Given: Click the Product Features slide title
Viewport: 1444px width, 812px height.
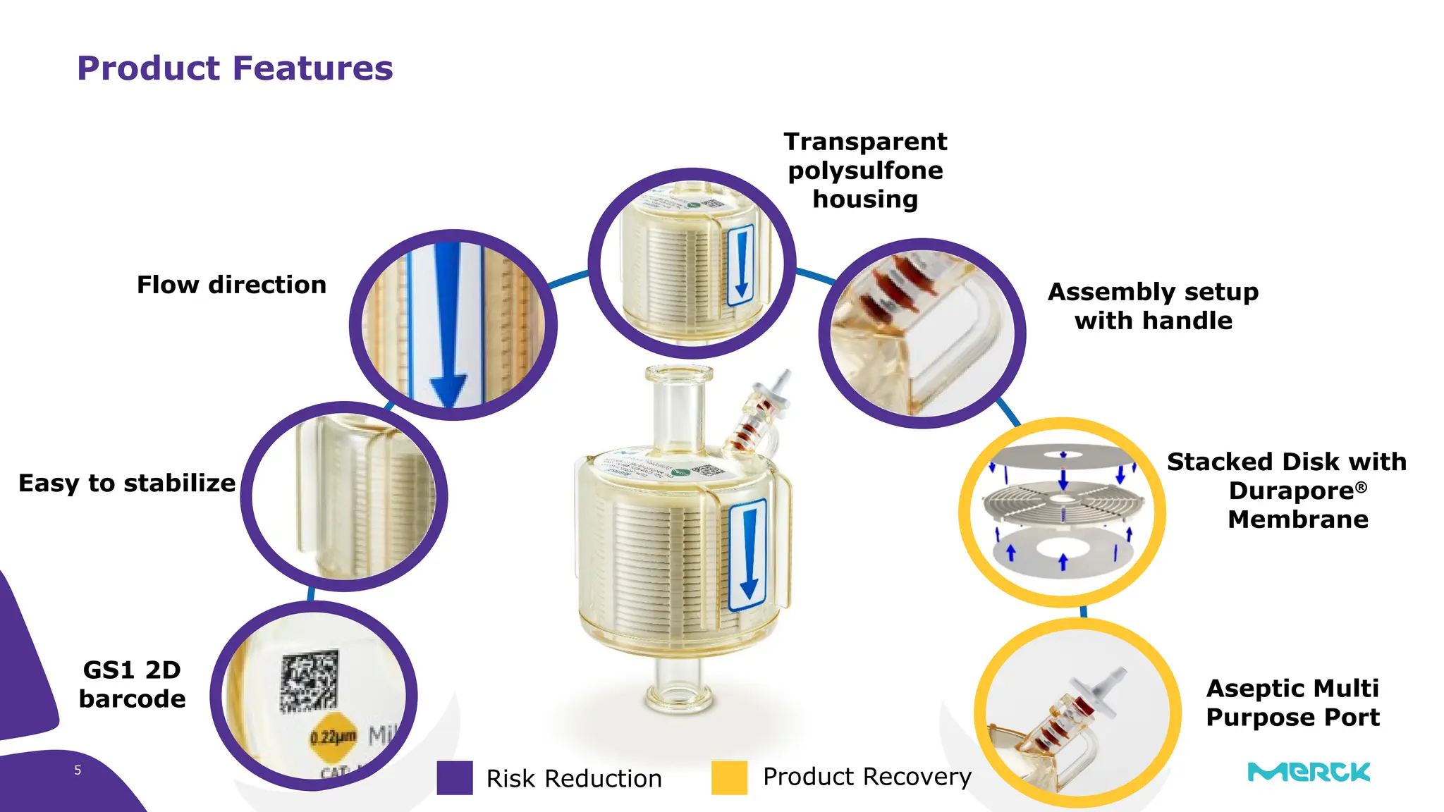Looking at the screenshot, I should click(x=235, y=68).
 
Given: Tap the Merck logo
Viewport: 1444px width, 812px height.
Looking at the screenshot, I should click(x=1309, y=772).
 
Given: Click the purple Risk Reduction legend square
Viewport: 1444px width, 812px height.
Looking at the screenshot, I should click(x=455, y=777).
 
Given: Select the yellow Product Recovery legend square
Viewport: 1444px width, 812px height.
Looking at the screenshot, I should click(x=729, y=777).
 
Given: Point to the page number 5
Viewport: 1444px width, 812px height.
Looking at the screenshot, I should click(x=78, y=770).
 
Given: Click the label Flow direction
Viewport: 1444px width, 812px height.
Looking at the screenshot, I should click(x=231, y=285).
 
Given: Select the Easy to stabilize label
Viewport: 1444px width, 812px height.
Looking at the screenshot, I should click(x=127, y=484).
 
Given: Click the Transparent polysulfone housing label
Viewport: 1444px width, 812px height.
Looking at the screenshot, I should click(x=865, y=171).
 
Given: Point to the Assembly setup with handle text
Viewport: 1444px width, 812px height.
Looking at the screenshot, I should click(x=1153, y=306).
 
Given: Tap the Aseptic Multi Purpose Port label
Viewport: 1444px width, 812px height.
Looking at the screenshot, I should click(x=1292, y=702).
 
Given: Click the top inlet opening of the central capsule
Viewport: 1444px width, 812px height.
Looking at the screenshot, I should click(x=679, y=374).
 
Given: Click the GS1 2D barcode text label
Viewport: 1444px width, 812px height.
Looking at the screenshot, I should click(x=132, y=684).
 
